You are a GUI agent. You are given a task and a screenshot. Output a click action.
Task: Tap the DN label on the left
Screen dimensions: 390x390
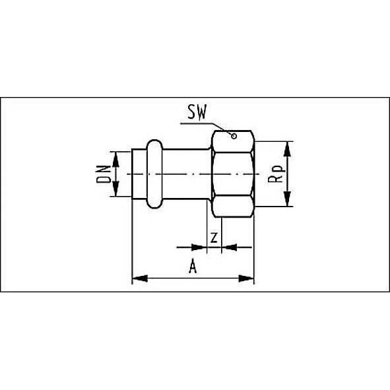pyautogui.click(x=102, y=174)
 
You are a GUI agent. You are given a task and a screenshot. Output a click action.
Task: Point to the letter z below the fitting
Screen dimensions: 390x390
pyautogui.click(x=212, y=236)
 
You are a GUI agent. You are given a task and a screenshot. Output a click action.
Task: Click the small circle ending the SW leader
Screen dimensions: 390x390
pyautogui.click(x=232, y=136)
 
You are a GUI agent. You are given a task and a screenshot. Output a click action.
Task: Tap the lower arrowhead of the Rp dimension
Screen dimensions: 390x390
pyautogui.click(x=288, y=203)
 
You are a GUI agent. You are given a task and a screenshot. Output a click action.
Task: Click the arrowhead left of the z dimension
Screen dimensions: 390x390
pyautogui.click(x=199, y=248)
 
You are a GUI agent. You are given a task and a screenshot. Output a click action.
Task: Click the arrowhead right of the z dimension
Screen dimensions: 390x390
pyautogui.click(x=228, y=248)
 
